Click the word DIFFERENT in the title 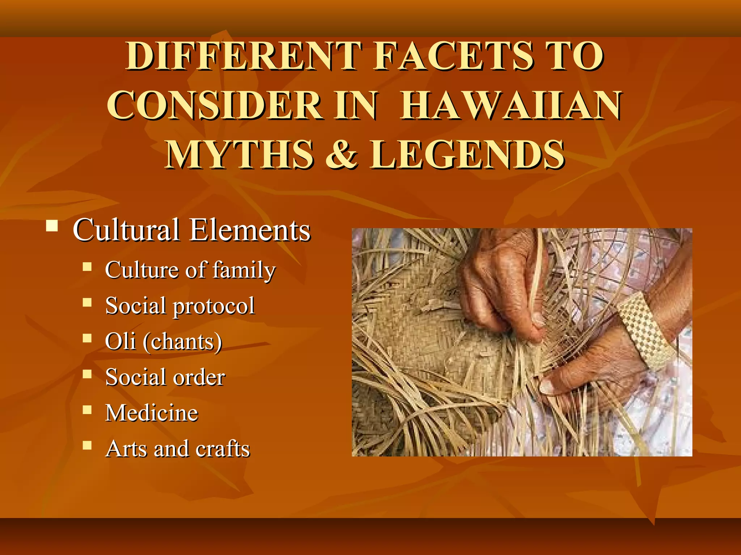244,56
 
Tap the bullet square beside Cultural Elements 52,226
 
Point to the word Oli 120,341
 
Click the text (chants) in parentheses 182,342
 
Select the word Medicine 152,413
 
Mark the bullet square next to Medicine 87,410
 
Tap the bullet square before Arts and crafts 87,445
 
